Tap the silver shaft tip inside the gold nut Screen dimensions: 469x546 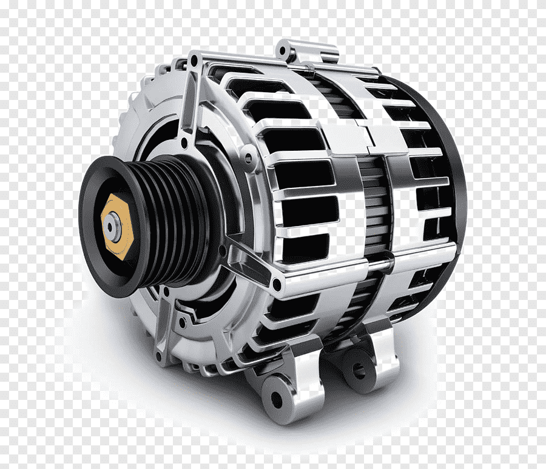pyautogui.click(x=111, y=226)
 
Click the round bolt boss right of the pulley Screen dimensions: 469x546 pyautogui.click(x=248, y=159)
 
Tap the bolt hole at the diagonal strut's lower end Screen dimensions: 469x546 pyautogui.click(x=277, y=284)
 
